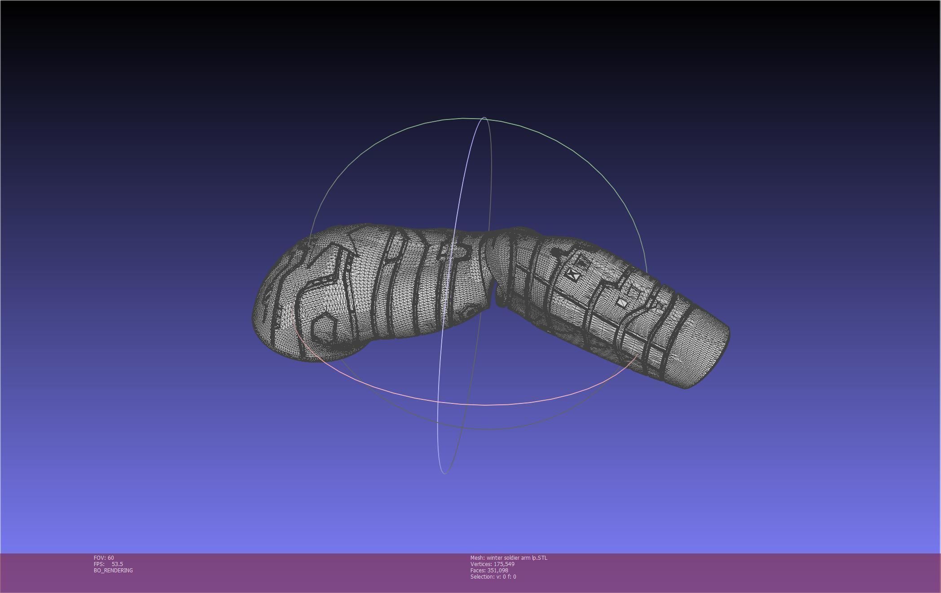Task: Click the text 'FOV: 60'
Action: (104, 558)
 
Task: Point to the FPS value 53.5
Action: (117, 564)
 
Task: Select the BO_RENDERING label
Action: (113, 570)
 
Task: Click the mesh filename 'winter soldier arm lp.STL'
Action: (517, 558)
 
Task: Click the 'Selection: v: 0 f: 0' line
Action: (493, 576)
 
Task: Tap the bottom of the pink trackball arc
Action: (485, 405)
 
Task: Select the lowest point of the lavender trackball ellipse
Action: (444, 473)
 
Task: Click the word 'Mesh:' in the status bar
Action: (477, 558)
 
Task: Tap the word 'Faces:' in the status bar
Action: (478, 570)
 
